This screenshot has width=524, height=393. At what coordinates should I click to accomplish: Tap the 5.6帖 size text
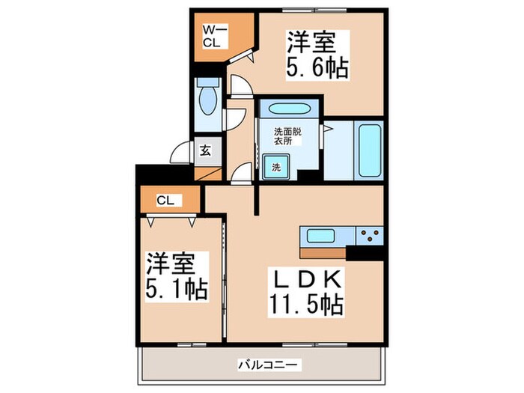317,68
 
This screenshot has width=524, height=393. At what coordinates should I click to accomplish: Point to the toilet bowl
206,100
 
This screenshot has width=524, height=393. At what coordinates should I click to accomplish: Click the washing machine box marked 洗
275,166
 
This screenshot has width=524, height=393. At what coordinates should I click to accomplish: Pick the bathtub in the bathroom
370,148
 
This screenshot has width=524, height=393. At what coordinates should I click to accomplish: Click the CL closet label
166,200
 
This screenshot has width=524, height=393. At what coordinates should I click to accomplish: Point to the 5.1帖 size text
177,287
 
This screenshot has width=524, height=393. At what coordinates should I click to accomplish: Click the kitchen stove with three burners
367,238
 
